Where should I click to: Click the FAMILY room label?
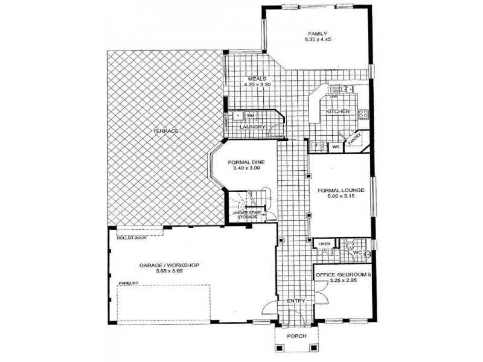tap(317, 33)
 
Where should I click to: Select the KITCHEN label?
tap(338, 112)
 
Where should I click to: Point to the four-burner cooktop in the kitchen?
tap(364, 113)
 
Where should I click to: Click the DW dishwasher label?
tap(333, 97)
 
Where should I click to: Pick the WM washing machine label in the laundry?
tap(250, 115)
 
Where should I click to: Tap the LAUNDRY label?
tap(252, 127)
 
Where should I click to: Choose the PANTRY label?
tap(354, 139)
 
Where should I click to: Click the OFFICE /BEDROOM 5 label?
tap(341, 275)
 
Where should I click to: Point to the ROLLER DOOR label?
tap(132, 238)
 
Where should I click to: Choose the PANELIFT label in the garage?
tap(129, 282)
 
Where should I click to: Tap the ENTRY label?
tap(296, 300)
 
